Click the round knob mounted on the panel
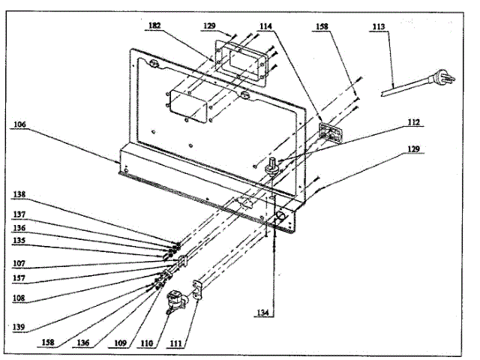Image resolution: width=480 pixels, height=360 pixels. tap(271, 167)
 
